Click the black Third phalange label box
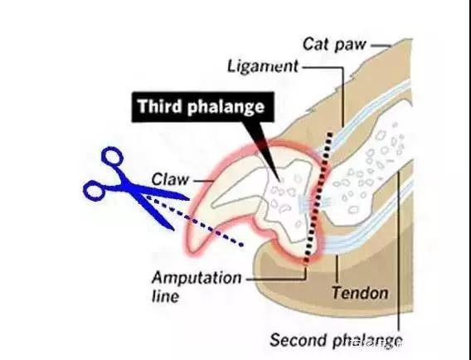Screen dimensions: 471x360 point(203,107)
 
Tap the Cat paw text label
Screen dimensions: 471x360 point(334,45)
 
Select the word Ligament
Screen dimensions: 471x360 point(263,66)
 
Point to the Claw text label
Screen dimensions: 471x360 point(170,180)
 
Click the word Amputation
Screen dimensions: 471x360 point(197,278)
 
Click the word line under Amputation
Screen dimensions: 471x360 point(166,296)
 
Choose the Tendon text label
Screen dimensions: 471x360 point(360,293)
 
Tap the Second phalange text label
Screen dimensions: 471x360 point(336,341)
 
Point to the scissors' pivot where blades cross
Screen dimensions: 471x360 point(129,187)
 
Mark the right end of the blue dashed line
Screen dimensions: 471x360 point(241,245)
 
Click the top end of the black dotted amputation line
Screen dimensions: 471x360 point(330,134)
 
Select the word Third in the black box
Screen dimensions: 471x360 point(160,106)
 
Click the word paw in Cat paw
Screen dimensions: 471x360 point(351,46)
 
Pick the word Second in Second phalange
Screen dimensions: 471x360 point(298,340)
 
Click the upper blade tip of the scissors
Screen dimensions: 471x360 point(188,198)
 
